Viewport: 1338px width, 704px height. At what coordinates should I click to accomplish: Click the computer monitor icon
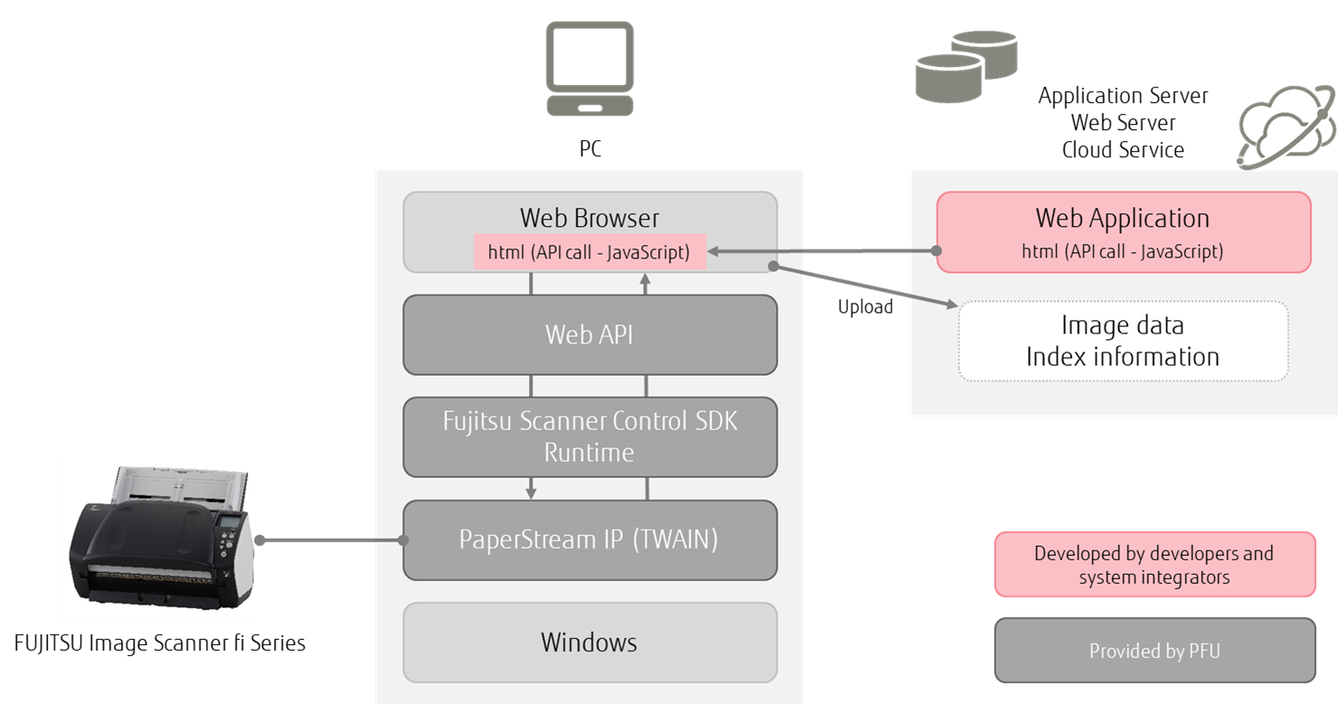coord(589,68)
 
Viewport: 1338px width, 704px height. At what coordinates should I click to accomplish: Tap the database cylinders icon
coord(966,65)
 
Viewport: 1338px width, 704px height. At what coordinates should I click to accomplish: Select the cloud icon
coord(1285,127)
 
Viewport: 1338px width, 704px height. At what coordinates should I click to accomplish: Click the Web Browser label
coord(589,218)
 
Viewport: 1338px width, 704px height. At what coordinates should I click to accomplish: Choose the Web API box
coord(589,334)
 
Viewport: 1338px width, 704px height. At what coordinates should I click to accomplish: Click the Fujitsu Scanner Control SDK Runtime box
coord(589,436)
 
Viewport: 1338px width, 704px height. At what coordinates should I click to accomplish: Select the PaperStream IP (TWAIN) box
coord(589,540)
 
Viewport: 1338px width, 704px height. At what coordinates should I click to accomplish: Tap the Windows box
coord(589,643)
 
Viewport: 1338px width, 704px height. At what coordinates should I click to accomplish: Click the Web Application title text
coord(1122,218)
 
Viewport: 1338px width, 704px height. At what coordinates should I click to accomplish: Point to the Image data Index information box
coord(1122,341)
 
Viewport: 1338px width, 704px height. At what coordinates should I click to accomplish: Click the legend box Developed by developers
coord(1154,564)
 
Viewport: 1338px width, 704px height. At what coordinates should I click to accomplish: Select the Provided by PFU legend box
coord(1154,651)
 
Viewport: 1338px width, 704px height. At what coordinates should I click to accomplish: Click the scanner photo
coord(161,540)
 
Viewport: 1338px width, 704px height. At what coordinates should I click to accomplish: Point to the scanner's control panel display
coord(232,524)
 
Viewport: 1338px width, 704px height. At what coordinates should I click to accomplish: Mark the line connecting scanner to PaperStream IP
coord(330,540)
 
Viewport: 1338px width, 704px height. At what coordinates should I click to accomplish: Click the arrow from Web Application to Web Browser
coord(823,251)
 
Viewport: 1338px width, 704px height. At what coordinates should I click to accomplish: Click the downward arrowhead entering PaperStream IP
coord(532,493)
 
